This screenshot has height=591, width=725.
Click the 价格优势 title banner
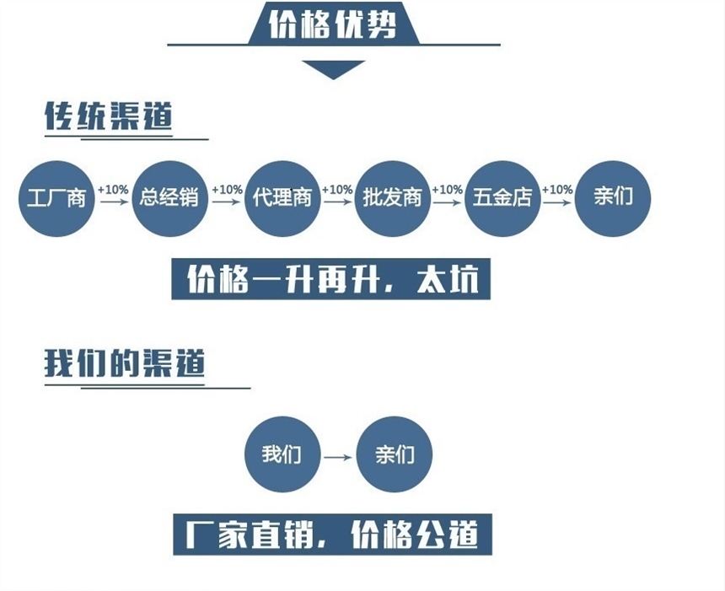332,24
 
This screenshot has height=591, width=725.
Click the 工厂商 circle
56,198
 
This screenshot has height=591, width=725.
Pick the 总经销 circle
169,198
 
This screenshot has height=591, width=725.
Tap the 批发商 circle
392,198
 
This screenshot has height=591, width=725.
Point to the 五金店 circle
502,198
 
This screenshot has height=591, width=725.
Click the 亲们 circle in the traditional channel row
613,198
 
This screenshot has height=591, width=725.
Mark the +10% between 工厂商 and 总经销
113,190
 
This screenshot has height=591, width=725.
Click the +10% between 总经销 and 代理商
227,190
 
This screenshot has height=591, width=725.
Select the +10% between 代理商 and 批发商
337,190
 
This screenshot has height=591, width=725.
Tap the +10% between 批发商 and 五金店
448,190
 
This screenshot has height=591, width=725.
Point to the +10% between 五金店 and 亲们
557,190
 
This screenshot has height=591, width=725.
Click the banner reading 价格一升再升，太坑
330,279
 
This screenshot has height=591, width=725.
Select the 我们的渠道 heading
124,363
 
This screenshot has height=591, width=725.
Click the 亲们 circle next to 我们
395,455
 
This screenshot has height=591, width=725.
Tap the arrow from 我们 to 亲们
338,457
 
